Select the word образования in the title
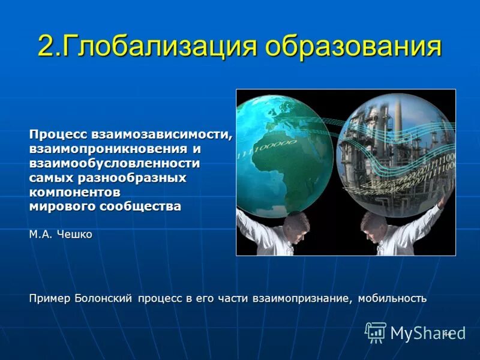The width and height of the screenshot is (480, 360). point(354,47)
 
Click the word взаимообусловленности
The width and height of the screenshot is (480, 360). point(115,163)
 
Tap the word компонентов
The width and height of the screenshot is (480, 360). point(75,192)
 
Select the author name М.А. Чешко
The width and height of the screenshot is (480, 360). point(61,234)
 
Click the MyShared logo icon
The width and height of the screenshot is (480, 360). point(376,332)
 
